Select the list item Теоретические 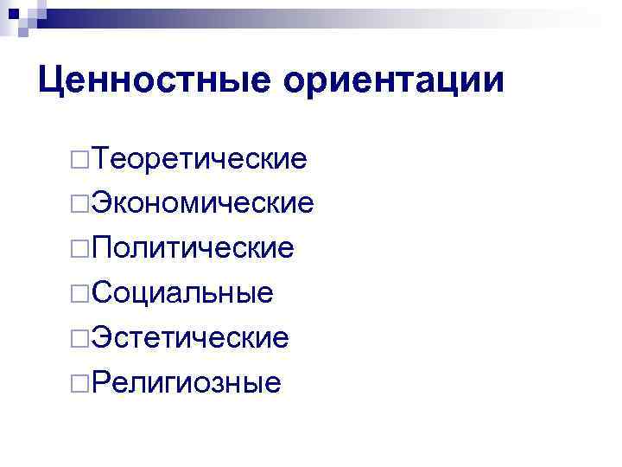[x=200, y=158]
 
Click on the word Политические [x=194, y=248]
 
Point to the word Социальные [x=183, y=293]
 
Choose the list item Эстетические [x=191, y=337]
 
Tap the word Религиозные [x=187, y=382]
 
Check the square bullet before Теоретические [x=80, y=160]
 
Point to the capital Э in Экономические [x=101, y=203]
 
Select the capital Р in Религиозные [x=101, y=382]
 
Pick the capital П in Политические [x=102, y=248]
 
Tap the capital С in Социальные [x=102, y=293]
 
